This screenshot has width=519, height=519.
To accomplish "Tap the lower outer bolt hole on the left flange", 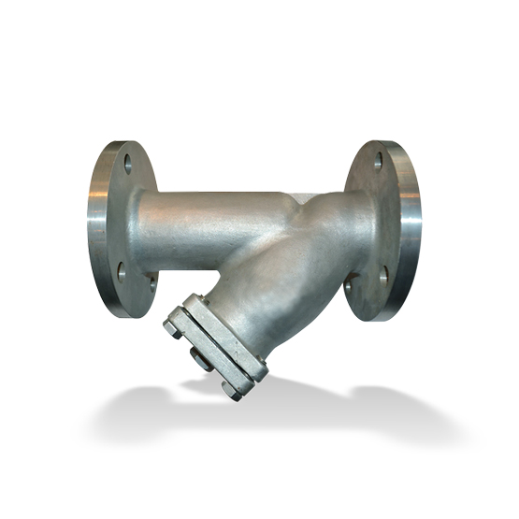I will coord(120,272).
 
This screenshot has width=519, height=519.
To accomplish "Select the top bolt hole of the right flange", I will coord(378,160).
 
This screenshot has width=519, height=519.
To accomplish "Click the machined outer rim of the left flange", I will coord(96,224).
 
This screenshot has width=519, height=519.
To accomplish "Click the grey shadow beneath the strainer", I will coord(281,411).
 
